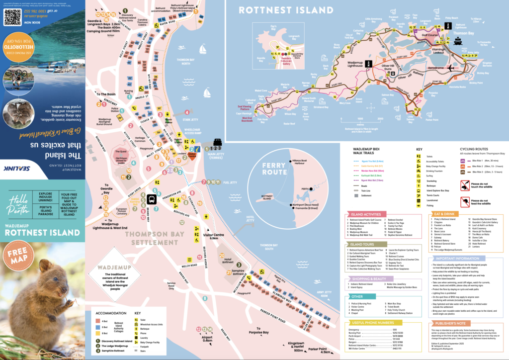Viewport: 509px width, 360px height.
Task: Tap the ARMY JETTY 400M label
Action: coord(324,294)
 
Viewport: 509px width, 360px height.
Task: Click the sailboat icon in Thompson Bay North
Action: coord(202,49)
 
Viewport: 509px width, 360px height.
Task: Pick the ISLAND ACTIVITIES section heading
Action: coord(366,214)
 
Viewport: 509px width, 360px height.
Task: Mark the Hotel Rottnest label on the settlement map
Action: coord(228,259)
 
